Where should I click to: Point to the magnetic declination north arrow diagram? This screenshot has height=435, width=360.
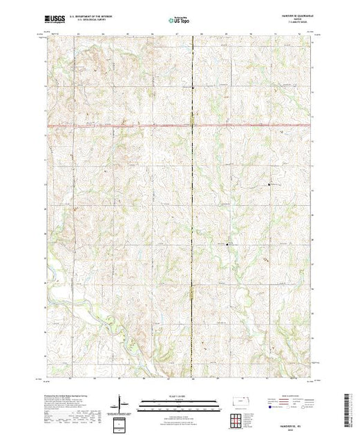pyautogui.click(x=122, y=403)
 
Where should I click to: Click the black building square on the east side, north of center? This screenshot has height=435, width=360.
pyautogui.click(x=269, y=184)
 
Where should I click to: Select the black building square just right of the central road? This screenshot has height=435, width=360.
pyautogui.click(x=229, y=243)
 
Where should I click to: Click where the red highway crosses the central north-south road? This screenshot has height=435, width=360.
pyautogui.click(x=191, y=125)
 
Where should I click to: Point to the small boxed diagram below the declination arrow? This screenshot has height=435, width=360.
pyautogui.click(x=122, y=420)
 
